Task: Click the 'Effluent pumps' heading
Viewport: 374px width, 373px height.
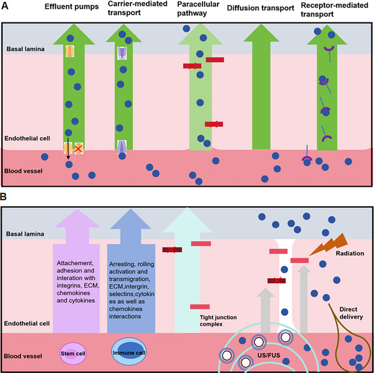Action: click(72, 7)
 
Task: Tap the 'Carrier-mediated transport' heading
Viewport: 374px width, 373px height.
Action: click(137, 8)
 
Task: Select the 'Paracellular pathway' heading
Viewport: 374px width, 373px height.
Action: click(198, 9)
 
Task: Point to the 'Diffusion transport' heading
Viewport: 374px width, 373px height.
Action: click(261, 8)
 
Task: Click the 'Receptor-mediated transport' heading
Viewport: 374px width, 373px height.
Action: click(334, 9)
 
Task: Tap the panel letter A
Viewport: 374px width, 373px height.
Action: click(5, 6)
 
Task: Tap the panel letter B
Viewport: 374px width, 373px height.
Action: click(3, 197)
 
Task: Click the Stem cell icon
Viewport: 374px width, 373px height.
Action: click(73, 354)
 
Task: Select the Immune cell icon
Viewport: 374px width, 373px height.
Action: click(129, 352)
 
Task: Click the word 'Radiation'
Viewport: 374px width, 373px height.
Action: click(350, 253)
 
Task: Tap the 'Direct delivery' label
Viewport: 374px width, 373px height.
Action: click(351, 313)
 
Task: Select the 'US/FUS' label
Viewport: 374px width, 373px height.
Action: click(269, 356)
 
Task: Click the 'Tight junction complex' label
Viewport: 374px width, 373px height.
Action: click(218, 321)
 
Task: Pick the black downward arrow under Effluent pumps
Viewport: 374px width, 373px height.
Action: click(68, 148)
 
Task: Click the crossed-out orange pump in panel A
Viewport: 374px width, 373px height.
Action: click(79, 148)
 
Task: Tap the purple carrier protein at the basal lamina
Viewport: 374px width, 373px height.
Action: click(122, 53)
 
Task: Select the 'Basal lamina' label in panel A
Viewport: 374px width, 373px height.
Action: click(26, 49)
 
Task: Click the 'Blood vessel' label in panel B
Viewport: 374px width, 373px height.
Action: click(23, 356)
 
